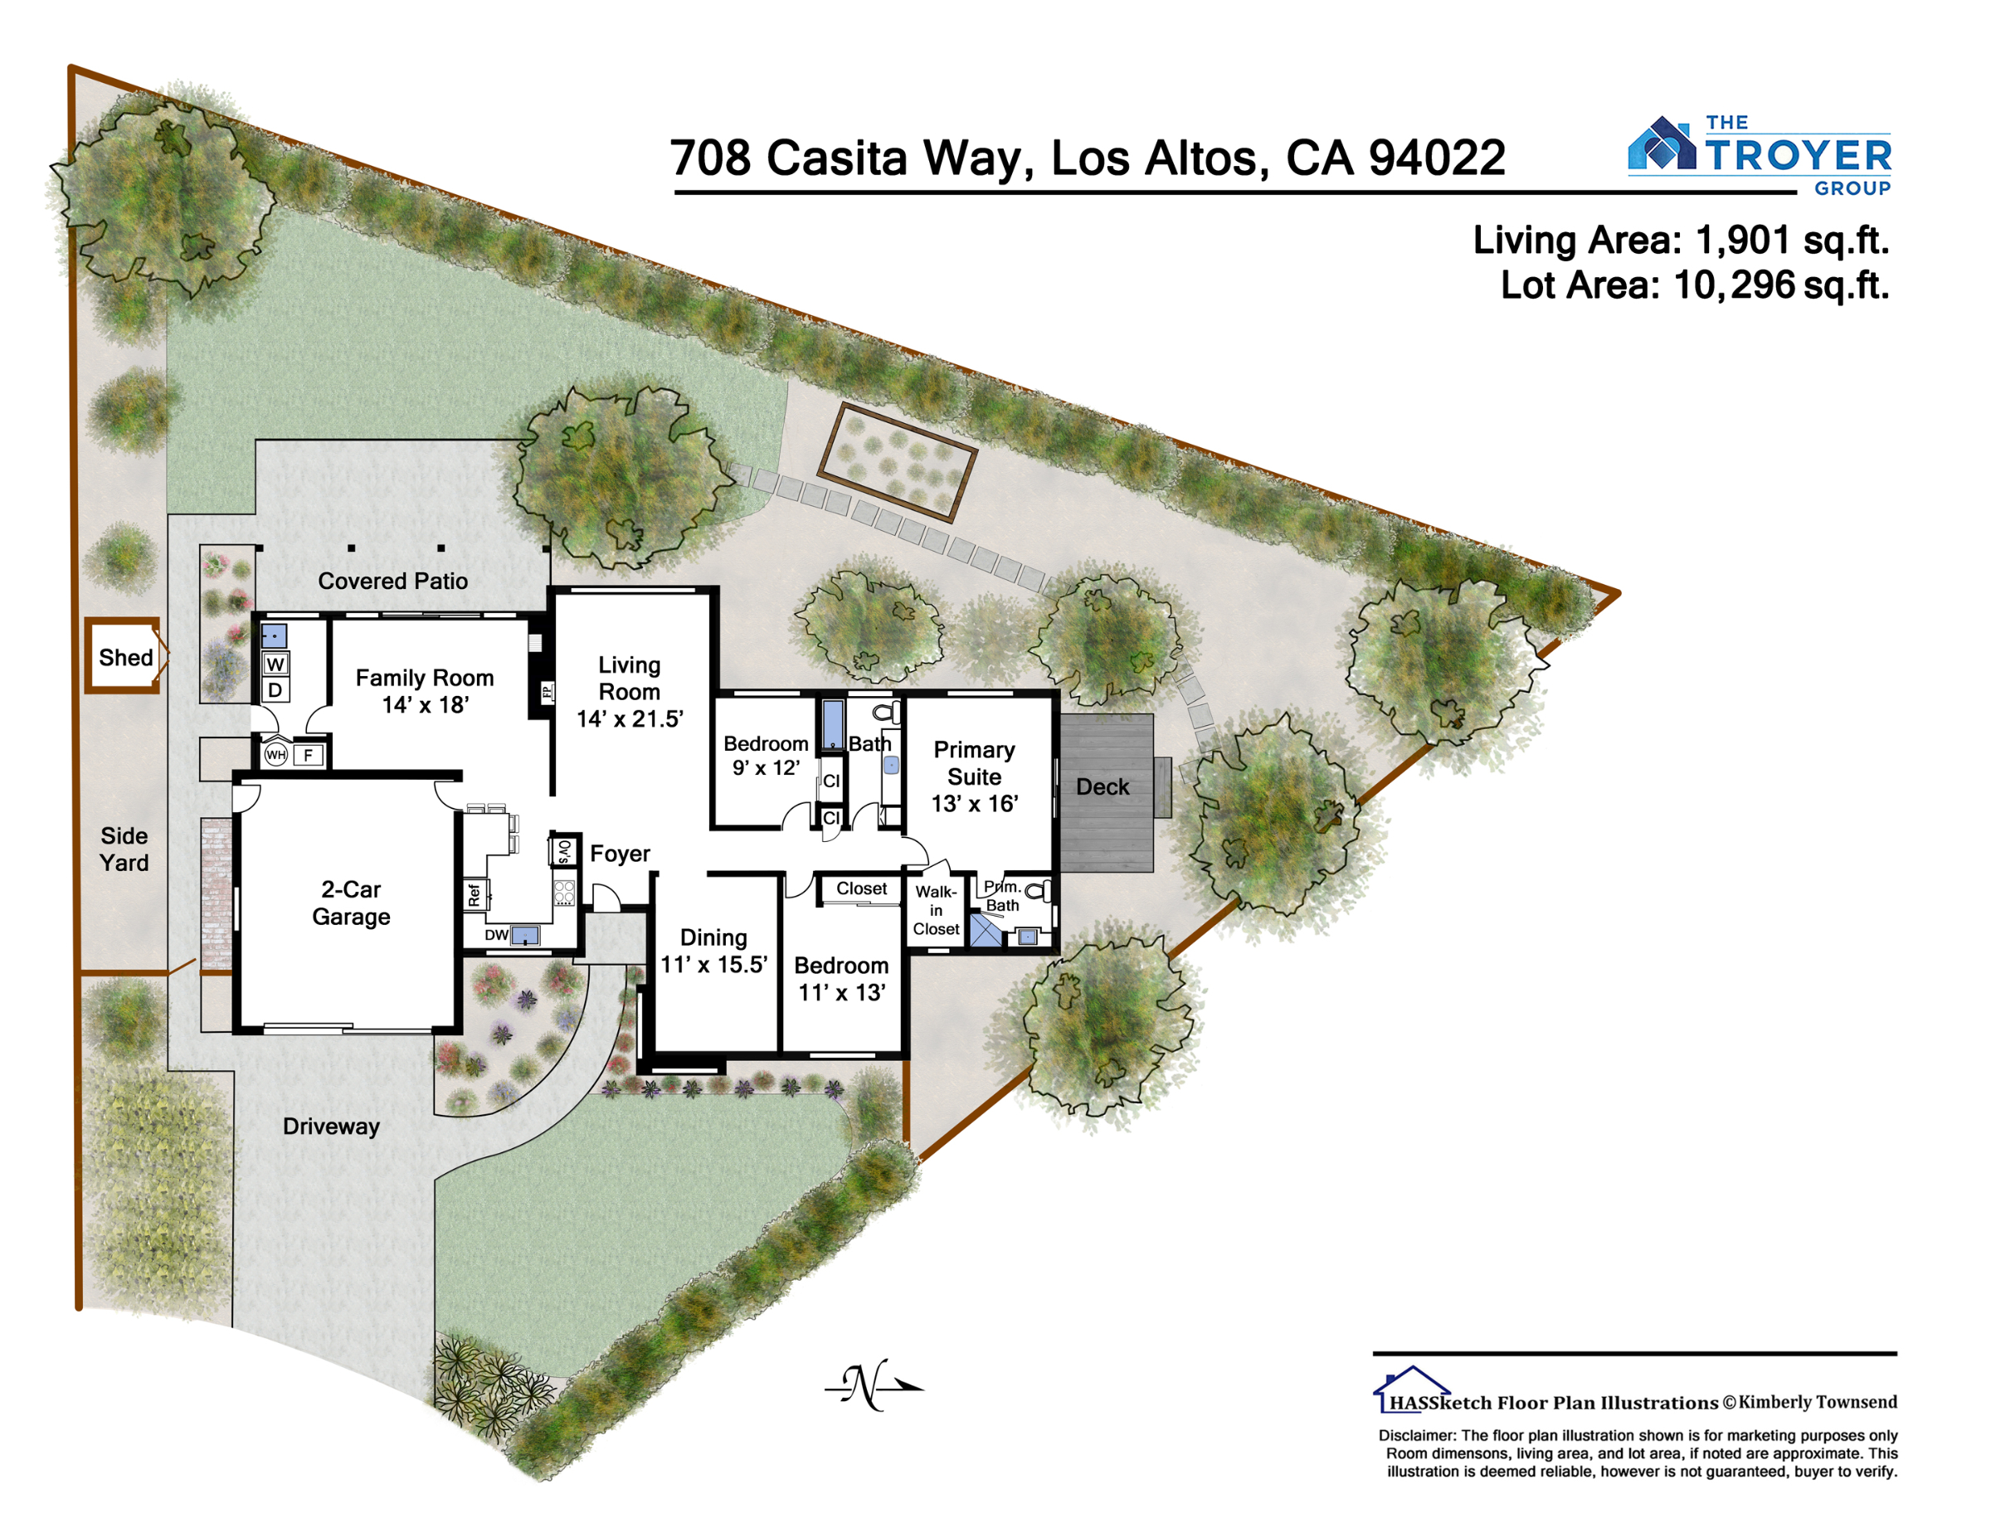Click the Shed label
pyautogui.click(x=126, y=657)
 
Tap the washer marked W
pyautogui.click(x=275, y=664)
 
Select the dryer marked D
pyautogui.click(x=275, y=690)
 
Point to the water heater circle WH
pyautogui.click(x=275, y=754)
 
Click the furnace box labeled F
pyautogui.click(x=308, y=755)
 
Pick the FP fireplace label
pyautogui.click(x=547, y=692)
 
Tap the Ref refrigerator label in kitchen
pyautogui.click(x=474, y=895)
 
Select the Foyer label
pyautogui.click(x=620, y=854)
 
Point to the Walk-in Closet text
pyautogui.click(x=937, y=910)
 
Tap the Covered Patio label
pyautogui.click(x=393, y=581)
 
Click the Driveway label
pyautogui.click(x=331, y=1126)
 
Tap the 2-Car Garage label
pyautogui.click(x=351, y=903)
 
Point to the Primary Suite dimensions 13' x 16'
pyautogui.click(x=975, y=803)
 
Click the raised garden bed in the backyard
pyautogui.click(x=897, y=461)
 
